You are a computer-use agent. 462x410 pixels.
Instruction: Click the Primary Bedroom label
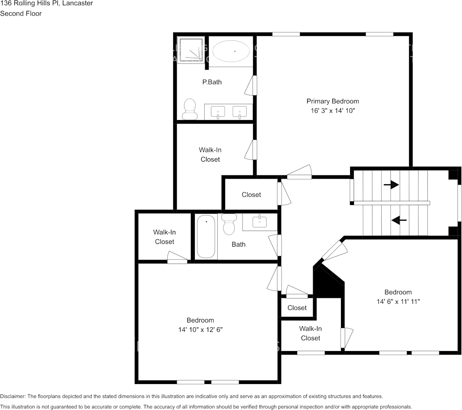click(x=332, y=101)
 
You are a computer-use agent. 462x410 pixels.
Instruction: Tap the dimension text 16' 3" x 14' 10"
click(x=332, y=111)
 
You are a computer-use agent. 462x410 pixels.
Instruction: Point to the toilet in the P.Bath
click(x=189, y=108)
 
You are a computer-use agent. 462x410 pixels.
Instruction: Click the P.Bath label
click(x=212, y=82)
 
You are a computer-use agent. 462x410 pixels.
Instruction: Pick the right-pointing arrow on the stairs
click(x=391, y=185)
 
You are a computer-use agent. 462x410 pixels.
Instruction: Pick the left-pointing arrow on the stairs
click(x=399, y=220)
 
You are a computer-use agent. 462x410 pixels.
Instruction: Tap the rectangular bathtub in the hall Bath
click(x=206, y=237)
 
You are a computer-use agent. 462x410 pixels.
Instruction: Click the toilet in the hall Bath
click(x=228, y=224)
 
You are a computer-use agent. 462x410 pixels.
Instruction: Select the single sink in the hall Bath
click(x=260, y=221)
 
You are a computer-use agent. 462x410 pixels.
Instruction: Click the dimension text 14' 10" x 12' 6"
click(x=200, y=329)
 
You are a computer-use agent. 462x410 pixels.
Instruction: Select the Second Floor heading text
click(x=21, y=13)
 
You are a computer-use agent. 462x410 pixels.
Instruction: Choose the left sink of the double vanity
click(x=218, y=112)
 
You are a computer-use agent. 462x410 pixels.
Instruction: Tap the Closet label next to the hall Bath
click(x=251, y=195)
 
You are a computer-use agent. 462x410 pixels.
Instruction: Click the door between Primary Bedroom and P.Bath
click(x=251, y=85)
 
